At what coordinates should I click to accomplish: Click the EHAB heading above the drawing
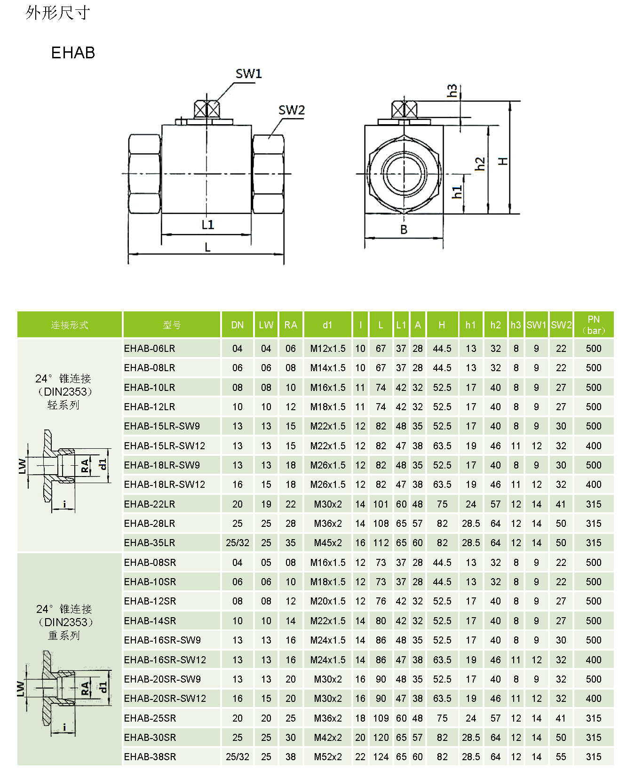pyautogui.click(x=73, y=53)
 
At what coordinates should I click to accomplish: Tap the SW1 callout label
pyautogui.click(x=248, y=74)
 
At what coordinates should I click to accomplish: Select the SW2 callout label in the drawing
pyautogui.click(x=292, y=110)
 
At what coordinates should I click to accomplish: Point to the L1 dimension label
pyautogui.click(x=207, y=225)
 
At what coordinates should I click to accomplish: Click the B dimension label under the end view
pyautogui.click(x=404, y=230)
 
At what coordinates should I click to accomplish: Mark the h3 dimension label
pyautogui.click(x=452, y=90)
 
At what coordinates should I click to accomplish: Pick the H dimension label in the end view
pyautogui.click(x=503, y=161)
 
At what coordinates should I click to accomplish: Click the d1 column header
pyautogui.click(x=327, y=325)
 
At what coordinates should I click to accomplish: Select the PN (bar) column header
pyautogui.click(x=594, y=325)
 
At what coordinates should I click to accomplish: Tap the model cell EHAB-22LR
pyautogui.click(x=150, y=504)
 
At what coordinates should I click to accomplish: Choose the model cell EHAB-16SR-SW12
pyautogui.click(x=165, y=660)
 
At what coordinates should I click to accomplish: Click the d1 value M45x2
pyautogui.click(x=328, y=543)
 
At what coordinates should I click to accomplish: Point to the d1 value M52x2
pyautogui.click(x=328, y=757)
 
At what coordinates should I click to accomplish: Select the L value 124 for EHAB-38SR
pyautogui.click(x=381, y=757)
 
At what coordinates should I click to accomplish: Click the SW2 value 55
pyautogui.click(x=561, y=757)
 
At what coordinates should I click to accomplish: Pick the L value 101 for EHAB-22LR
pyautogui.click(x=381, y=504)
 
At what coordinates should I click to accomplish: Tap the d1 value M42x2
pyautogui.click(x=328, y=738)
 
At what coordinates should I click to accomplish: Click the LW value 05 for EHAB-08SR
pyautogui.click(x=266, y=563)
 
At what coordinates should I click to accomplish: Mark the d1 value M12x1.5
pyautogui.click(x=328, y=349)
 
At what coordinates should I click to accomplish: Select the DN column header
pyautogui.click(x=238, y=325)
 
